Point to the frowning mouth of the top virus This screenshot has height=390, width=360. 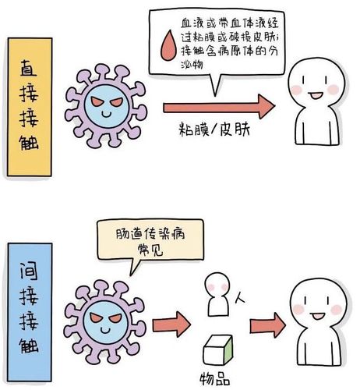pos(107,117)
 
